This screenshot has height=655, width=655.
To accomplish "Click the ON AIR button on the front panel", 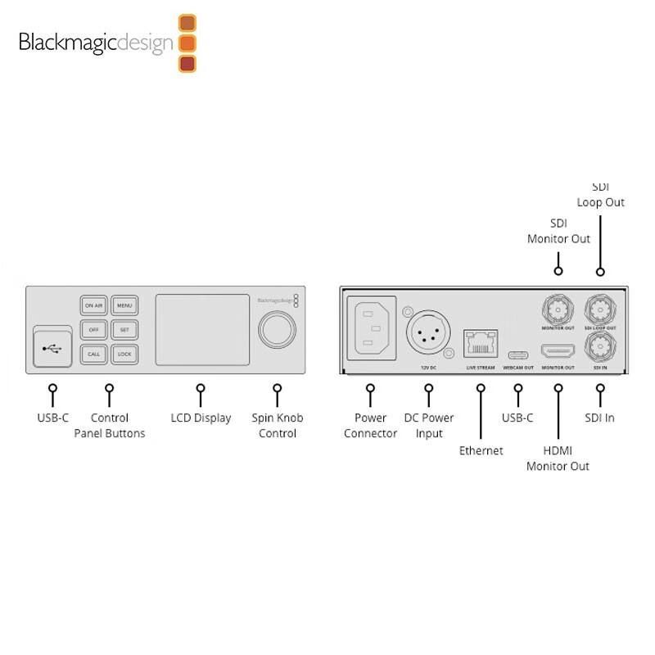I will tap(93, 306).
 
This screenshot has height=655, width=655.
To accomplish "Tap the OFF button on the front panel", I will tap(93, 330).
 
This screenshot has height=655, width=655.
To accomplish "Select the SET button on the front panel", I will tap(124, 330).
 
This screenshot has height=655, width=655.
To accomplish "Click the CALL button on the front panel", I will tap(93, 355).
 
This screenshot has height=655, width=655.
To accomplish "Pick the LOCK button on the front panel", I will tap(124, 355).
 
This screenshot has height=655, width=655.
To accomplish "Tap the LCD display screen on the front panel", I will tap(202, 330).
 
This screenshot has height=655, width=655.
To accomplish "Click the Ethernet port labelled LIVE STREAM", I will tap(480, 345).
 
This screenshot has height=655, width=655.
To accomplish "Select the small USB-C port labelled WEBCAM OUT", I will tap(517, 355).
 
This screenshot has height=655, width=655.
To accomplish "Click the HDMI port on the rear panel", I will tap(558, 354).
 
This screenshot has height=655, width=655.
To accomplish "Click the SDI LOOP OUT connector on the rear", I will tap(599, 309).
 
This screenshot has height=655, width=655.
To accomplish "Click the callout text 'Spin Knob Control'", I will tap(277, 425).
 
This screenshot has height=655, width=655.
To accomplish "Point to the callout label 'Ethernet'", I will tap(481, 450).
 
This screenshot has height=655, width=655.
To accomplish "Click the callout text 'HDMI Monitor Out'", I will tap(558, 458).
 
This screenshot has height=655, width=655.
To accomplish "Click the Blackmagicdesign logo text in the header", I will tap(97, 43).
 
